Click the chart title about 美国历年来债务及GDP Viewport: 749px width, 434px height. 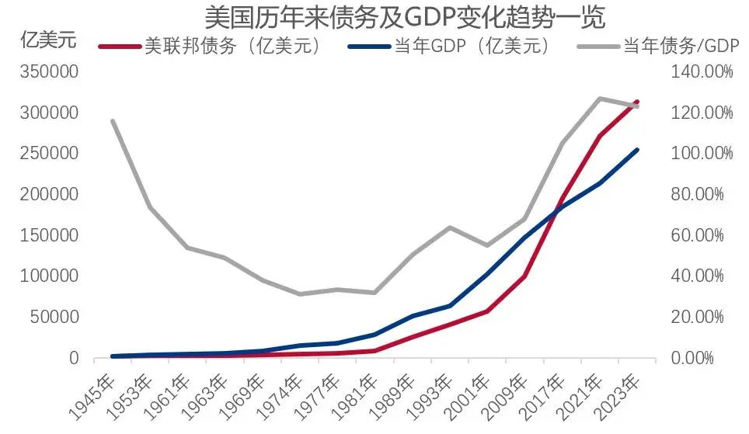point(404,16)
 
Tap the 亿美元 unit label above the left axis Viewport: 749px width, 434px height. point(48,41)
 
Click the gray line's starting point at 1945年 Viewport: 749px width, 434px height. point(113,121)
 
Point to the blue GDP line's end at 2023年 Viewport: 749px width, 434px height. point(637,150)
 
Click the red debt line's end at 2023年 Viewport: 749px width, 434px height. point(637,102)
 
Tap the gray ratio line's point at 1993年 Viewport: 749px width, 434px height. point(450,227)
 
